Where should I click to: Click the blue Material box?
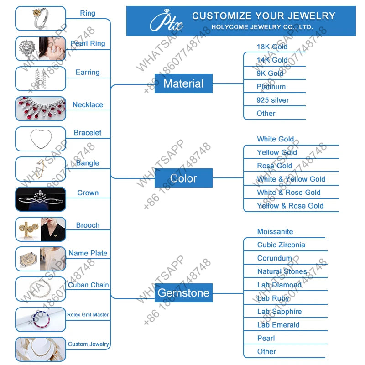(183, 83)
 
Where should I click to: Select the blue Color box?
(183, 178)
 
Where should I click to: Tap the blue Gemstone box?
(183, 292)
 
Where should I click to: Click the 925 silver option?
(273, 100)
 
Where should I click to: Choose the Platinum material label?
(271, 87)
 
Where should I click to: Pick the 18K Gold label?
(272, 47)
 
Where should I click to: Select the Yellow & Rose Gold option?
(290, 206)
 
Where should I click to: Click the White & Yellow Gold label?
(291, 179)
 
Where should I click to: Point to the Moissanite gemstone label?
(275, 232)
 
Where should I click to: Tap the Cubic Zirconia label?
(281, 245)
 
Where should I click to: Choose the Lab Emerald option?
(278, 325)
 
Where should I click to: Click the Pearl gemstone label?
(266, 338)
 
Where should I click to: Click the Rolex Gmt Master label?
(88, 314)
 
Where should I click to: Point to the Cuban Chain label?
(88, 285)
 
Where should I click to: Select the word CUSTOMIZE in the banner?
(220, 16)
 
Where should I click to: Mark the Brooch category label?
(88, 225)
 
